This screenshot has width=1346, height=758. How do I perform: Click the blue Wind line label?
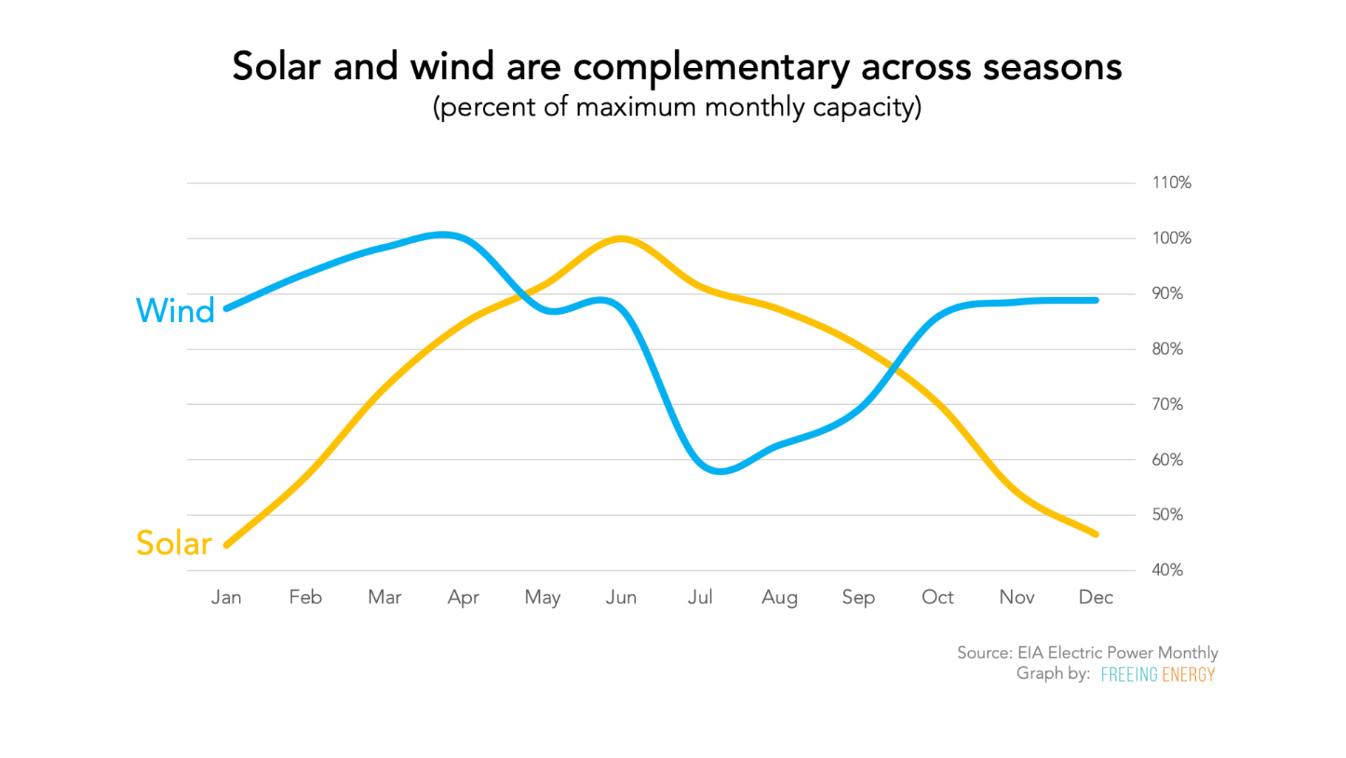(175, 311)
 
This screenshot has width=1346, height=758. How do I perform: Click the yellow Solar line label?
(174, 543)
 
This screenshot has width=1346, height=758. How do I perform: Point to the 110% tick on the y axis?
(1171, 183)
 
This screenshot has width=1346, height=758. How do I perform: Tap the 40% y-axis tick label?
(1167, 570)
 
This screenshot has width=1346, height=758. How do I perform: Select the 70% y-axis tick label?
(1167, 404)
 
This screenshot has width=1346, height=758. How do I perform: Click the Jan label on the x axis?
(226, 597)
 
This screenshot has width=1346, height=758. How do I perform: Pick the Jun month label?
(621, 597)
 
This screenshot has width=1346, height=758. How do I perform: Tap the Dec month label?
(1095, 597)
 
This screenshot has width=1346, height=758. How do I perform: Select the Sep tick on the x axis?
(858, 597)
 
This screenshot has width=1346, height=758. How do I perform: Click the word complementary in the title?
(711, 67)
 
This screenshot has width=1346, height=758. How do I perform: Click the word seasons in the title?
(1052, 67)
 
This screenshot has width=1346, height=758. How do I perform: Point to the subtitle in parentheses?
(677, 107)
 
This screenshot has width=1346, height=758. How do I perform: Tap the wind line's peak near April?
(442, 235)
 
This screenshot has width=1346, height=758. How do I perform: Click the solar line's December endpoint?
(1095, 534)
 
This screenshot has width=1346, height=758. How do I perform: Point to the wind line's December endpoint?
(1095, 301)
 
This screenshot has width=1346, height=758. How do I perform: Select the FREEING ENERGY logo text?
(1157, 674)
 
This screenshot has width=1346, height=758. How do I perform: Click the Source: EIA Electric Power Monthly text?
(1087, 653)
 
